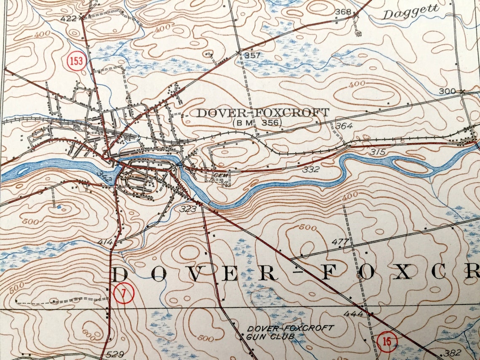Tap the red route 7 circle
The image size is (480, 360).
tap(123, 294)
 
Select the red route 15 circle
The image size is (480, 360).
tap(387, 341)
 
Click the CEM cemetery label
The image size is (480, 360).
tap(218, 174)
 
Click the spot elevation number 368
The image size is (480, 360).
tap(343, 11)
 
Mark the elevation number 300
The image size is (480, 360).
tap(447, 91)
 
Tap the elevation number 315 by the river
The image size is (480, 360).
tap(378, 152)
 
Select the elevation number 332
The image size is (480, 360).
tap(311, 169)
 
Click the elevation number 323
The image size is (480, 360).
tap(188, 208)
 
